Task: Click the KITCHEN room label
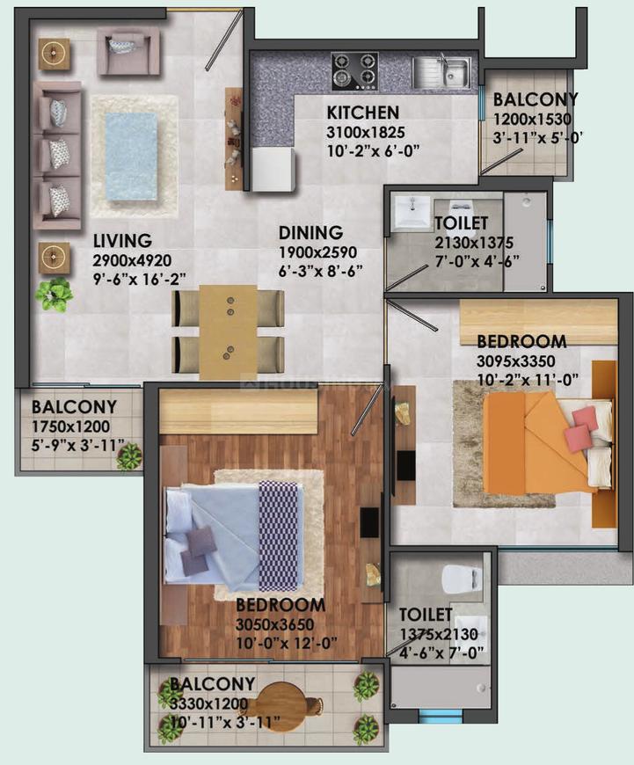pyautogui.click(x=363, y=113)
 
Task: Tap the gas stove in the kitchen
pyautogui.click(x=354, y=71)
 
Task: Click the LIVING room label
pyautogui.click(x=123, y=240)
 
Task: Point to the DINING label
pyautogui.click(x=310, y=233)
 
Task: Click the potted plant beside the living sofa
pyautogui.click(x=54, y=295)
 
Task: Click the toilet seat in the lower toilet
pyautogui.click(x=461, y=579)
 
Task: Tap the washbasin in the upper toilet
pyautogui.click(x=410, y=211)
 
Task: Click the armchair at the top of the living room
pyautogui.click(x=128, y=52)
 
